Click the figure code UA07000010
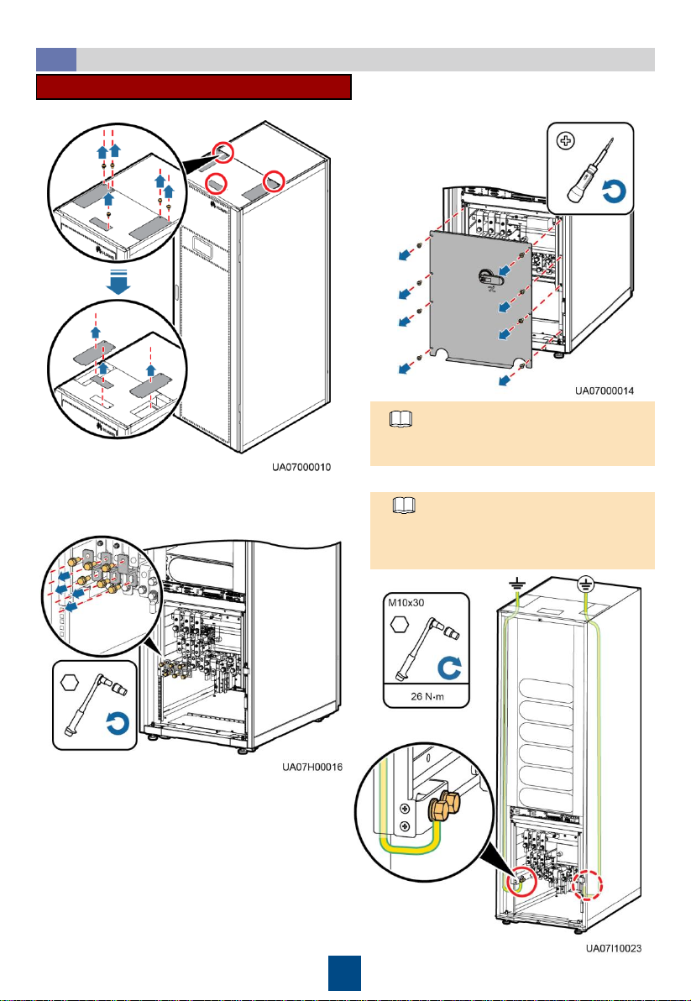[x=301, y=467]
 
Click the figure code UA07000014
[x=605, y=390]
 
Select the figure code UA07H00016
[x=312, y=767]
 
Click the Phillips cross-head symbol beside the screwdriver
[x=565, y=142]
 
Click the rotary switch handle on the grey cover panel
[x=490, y=275]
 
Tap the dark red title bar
[x=194, y=86]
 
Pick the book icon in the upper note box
[x=401, y=419]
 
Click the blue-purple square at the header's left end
[x=56, y=60]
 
